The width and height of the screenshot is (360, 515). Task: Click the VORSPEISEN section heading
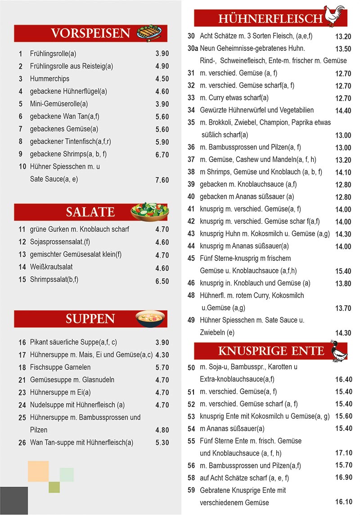pos(90,33)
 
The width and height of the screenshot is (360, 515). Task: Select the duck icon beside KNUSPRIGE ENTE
pos(338,351)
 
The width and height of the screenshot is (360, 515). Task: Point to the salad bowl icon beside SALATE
pos(149,211)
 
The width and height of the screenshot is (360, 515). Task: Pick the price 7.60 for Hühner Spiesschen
pos(162,180)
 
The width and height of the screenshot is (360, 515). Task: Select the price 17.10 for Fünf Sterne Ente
pos(343,453)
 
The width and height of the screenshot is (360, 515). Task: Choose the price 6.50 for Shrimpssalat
pos(162,281)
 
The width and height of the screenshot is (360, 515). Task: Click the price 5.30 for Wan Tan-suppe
pos(162,443)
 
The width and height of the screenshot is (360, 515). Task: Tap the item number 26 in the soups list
pos(22,443)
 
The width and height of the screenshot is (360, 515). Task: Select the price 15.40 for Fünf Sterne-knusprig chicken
pos(343,271)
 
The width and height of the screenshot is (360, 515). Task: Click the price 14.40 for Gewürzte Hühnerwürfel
pos(343,110)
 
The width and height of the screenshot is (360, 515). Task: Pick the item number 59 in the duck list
pos(191,490)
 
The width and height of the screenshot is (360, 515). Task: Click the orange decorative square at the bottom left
pos(38,471)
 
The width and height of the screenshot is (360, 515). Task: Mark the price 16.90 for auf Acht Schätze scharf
pos(343,478)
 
